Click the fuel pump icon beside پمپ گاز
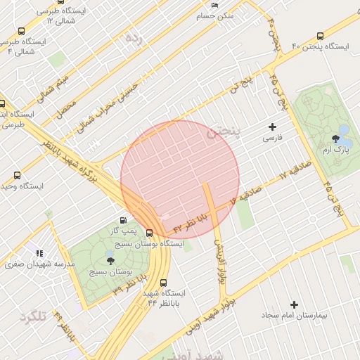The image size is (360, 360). pos(124,220)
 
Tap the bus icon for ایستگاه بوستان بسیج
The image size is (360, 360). pos(149,233)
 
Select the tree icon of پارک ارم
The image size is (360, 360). pos(345,130)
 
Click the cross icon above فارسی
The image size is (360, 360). pos(273,127)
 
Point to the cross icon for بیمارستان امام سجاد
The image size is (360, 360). pos(294,304)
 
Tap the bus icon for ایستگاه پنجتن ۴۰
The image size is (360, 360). pos(321,36)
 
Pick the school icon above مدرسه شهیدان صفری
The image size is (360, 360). pos(39,252)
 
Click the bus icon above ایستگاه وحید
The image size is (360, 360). pos(17,175)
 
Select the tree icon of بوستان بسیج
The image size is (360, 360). pos(110,260)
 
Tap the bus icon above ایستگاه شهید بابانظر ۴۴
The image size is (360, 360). pos(164,282)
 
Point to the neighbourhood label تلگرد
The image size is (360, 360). pos(33,316)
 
